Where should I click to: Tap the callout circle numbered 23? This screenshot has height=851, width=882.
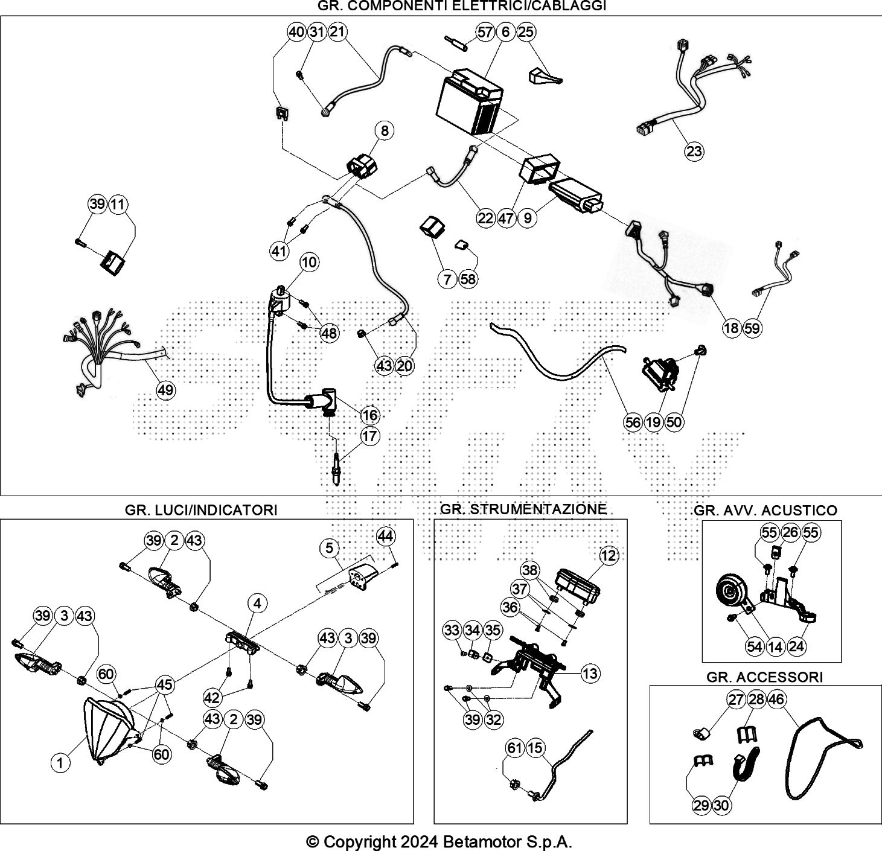[x=694, y=151]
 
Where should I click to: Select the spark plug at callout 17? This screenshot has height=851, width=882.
[x=336, y=469]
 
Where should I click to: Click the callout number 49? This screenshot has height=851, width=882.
[x=165, y=390]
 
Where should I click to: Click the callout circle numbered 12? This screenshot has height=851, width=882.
[x=609, y=555]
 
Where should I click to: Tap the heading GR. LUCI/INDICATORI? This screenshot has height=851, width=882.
[x=201, y=510]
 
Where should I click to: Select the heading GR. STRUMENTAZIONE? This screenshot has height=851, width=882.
[x=523, y=509]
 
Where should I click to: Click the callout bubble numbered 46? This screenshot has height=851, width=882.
[x=776, y=699]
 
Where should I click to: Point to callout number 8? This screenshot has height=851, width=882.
[x=385, y=131]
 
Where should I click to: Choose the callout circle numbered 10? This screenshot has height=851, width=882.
[x=309, y=263]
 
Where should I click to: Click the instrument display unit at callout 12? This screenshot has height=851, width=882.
[x=577, y=586]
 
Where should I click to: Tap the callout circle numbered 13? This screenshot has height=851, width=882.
[x=590, y=674]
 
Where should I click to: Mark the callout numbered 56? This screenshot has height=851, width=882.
[x=633, y=422]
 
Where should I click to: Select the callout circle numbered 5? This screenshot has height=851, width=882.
[x=329, y=548]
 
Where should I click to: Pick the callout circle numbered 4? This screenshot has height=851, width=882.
[x=257, y=604]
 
